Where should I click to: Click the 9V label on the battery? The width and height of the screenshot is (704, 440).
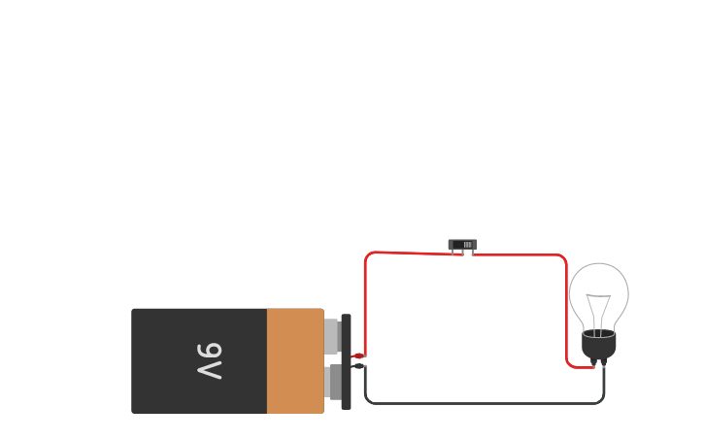pos(210,361)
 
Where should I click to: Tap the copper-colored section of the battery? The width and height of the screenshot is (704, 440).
pos(295,361)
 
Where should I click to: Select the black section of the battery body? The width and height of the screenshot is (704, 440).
pos(199,361)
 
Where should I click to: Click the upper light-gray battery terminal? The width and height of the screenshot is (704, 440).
pos(331,335)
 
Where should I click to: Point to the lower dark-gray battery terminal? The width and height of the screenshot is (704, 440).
pos(333,382)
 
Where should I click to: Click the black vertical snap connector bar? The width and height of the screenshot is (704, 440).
pos(346,362)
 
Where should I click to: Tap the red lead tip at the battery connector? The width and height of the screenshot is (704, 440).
pos(358,356)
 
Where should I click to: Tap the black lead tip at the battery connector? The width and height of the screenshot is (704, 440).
pos(358,366)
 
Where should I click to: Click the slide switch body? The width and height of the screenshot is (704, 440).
pos(462,245)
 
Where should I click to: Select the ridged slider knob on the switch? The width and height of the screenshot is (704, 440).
pos(468,245)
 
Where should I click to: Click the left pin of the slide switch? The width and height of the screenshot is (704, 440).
pos(453,253)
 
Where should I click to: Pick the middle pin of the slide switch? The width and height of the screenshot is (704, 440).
pos(462,253)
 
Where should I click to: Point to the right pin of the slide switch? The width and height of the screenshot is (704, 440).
pos(472,253)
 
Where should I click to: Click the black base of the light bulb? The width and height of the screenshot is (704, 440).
pos(599,345)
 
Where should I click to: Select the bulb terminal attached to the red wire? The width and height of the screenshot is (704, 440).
pos(593,362)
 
